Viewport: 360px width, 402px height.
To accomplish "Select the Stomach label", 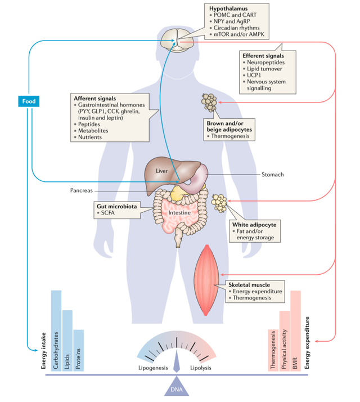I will coord(273,175).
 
